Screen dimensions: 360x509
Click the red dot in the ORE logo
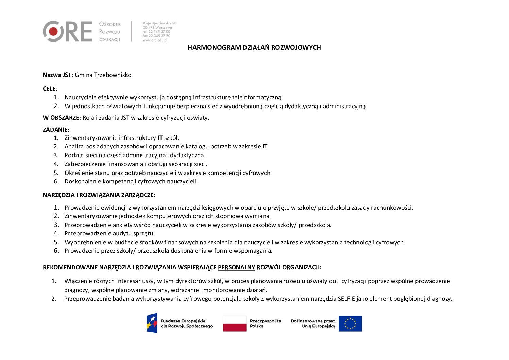[x=53, y=32]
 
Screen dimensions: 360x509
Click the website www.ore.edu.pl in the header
[x=155, y=40]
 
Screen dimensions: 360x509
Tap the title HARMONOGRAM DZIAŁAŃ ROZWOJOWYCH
[x=254, y=48]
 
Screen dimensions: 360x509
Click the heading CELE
[x=49, y=89]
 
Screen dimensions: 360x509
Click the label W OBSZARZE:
[x=62, y=118]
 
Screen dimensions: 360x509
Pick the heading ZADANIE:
[x=56, y=130]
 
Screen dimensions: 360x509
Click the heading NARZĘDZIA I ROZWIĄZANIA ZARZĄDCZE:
[x=99, y=195]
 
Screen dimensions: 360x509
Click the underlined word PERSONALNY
[x=236, y=267]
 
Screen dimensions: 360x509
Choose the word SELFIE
[x=346, y=299]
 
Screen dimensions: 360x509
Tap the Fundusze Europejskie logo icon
[x=152, y=323]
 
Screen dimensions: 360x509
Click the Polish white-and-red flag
[x=235, y=324]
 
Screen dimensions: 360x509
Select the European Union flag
[x=350, y=324]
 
